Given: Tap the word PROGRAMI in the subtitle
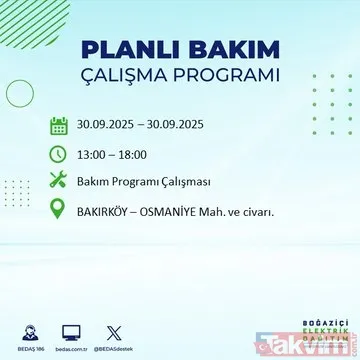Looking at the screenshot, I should (x=228, y=77).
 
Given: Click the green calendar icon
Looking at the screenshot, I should (x=59, y=127).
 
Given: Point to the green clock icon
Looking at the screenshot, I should (x=59, y=155).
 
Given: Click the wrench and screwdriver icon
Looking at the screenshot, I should (x=59, y=183).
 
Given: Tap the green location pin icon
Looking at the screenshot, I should (x=59, y=211).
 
